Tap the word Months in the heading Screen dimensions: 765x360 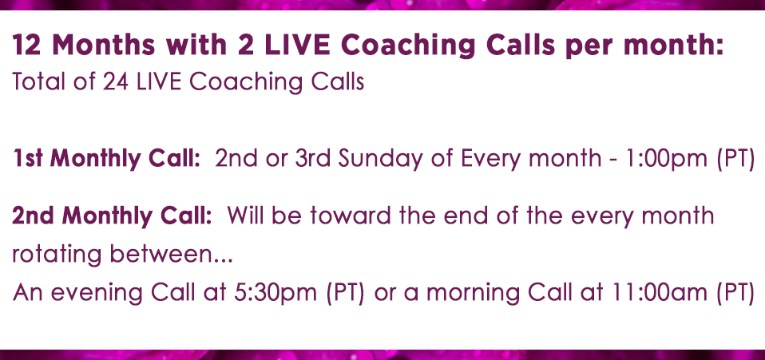click(x=104, y=45)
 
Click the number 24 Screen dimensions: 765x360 click(x=115, y=81)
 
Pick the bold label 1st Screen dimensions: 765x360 click(x=28, y=159)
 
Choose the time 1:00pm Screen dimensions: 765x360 click(x=668, y=160)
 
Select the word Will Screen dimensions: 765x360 click(x=246, y=216)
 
